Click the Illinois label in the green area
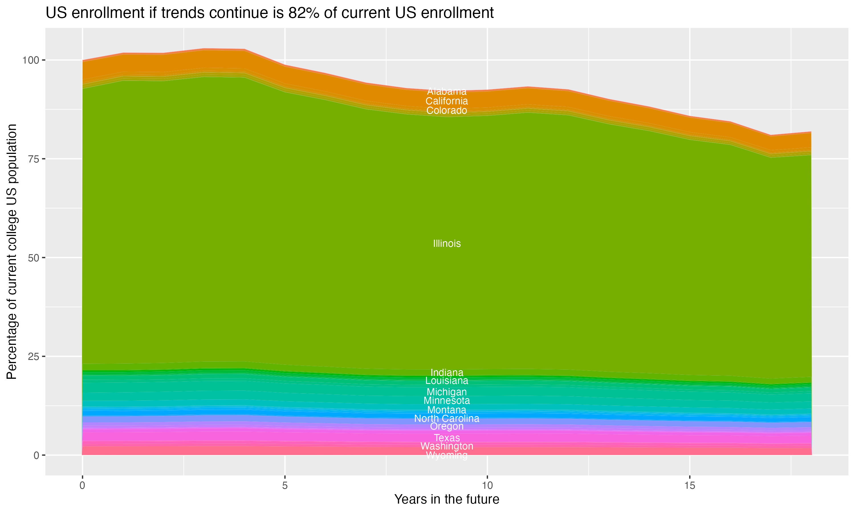coord(447,244)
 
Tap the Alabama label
coord(447,91)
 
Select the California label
coord(447,101)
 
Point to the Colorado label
coord(447,111)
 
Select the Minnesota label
coord(447,401)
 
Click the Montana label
coord(447,410)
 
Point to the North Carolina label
coord(447,419)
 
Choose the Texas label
coord(447,438)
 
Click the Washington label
coord(447,446)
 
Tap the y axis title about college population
coord(12,252)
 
